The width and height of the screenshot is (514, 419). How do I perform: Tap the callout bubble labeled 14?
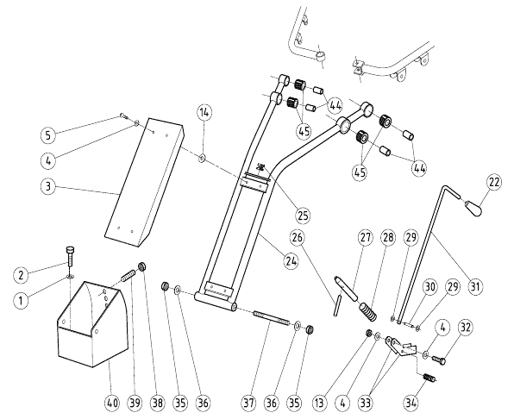coord(204,112)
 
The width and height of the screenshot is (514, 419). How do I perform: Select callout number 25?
coord(303,216)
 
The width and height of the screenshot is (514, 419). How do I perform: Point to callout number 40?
coord(112,403)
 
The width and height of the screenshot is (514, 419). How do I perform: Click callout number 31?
coord(475,286)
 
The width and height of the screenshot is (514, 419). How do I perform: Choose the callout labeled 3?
coord(48,186)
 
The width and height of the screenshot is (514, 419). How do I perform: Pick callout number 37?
coord(248,403)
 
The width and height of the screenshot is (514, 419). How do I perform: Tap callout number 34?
coord(411,403)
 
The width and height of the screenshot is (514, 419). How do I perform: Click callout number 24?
coord(291,261)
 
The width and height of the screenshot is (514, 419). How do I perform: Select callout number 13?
coord(320,403)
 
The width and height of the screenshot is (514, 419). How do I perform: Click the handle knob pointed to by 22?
coord(473,208)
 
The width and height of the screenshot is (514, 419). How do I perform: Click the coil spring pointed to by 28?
coord(368,312)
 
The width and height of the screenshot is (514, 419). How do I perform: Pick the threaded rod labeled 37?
coord(271,319)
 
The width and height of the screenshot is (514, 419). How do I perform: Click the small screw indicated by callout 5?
coord(124,116)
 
